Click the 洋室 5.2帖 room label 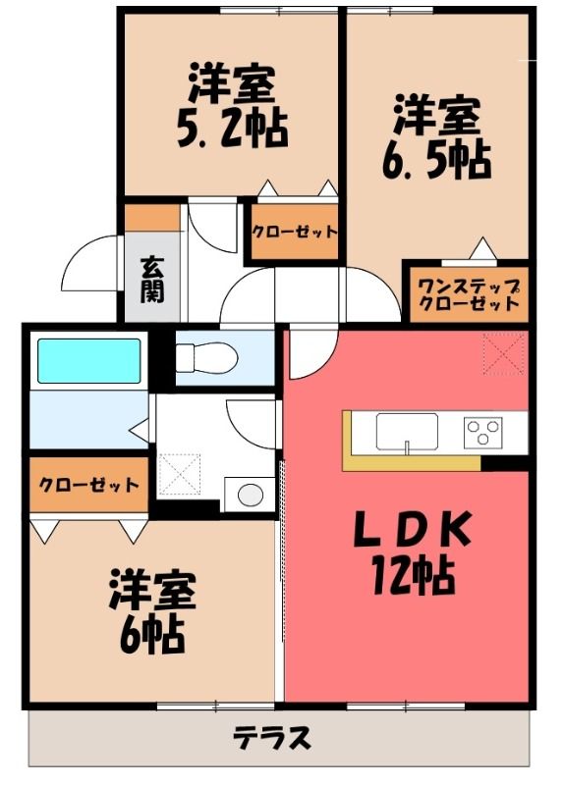233,106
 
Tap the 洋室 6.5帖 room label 436,137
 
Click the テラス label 272,738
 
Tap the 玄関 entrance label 152,280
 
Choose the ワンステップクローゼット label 469,294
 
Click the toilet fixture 206,357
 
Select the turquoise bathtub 88,361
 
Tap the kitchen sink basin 407,432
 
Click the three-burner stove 482,433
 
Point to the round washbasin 251,496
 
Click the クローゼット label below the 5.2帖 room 295,232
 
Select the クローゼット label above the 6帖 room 88,485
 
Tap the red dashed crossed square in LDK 504,354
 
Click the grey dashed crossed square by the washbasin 180,474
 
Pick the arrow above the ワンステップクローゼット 482,248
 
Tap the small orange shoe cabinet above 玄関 152,217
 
